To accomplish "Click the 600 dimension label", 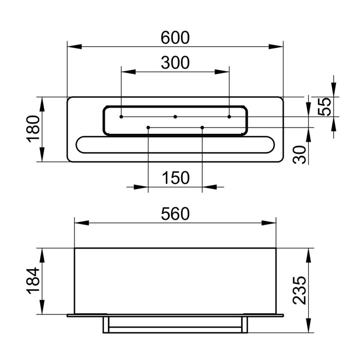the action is (175, 38).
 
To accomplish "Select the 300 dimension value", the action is (175, 63).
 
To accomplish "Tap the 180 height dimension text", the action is (33, 129).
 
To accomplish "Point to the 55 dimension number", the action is (324, 107).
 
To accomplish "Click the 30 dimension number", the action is (300, 155).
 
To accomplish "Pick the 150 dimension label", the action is (176, 178).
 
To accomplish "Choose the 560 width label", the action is (175, 214).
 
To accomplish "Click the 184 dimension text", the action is (33, 281).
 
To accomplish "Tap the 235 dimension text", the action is (300, 290).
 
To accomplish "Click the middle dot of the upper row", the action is (175, 117).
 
